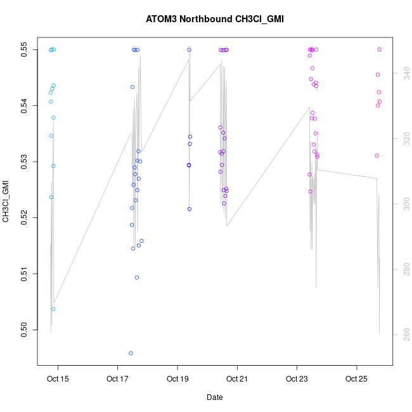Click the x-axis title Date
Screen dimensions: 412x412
[x=214, y=397]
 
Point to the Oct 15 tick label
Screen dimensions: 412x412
[x=58, y=380]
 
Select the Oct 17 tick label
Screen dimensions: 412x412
[x=118, y=380]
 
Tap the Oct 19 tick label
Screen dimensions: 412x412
[x=177, y=380]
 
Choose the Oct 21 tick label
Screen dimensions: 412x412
[x=237, y=380]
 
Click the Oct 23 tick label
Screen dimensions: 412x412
[x=297, y=380]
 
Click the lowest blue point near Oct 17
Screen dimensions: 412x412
[x=131, y=353]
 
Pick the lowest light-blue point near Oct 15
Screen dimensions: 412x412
[x=53, y=309]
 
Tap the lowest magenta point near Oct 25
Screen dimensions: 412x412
[x=377, y=155]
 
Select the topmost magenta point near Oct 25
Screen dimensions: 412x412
[x=379, y=49]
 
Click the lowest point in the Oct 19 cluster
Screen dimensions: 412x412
[x=189, y=209]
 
